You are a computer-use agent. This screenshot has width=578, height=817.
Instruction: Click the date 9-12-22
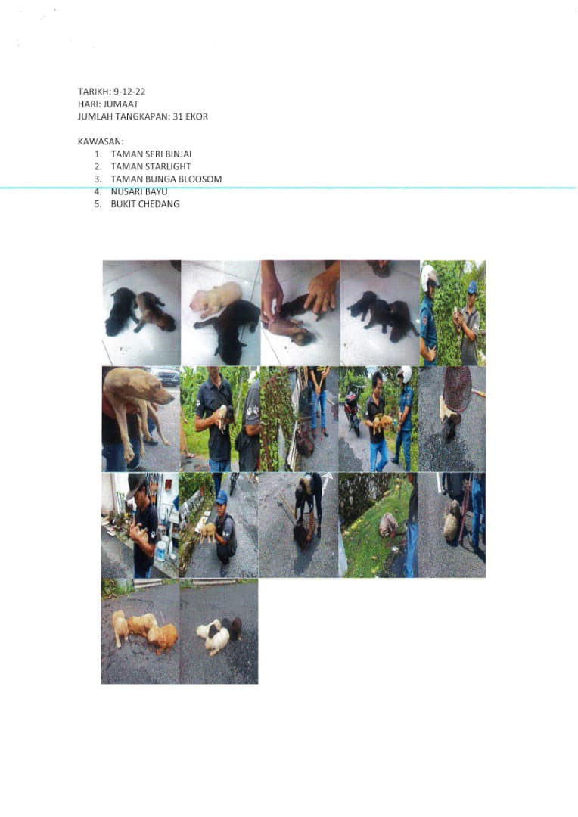[129, 92]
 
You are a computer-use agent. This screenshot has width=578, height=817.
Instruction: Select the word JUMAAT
[121, 104]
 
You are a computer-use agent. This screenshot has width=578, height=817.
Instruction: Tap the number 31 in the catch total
[178, 116]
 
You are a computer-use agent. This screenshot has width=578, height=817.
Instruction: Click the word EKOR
[197, 116]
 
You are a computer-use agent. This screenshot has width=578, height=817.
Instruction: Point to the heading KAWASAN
[101, 141]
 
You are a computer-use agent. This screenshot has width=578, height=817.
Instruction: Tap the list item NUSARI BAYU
[139, 191]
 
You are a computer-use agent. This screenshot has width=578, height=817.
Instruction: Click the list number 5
[98, 204]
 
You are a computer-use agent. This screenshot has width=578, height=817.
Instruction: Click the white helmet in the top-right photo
[430, 278]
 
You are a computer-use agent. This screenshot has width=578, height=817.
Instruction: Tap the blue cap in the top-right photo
[472, 287]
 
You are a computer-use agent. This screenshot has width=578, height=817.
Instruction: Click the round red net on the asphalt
[458, 388]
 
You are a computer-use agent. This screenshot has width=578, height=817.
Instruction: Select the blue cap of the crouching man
[222, 496]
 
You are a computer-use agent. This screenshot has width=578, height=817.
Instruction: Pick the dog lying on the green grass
[388, 525]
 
